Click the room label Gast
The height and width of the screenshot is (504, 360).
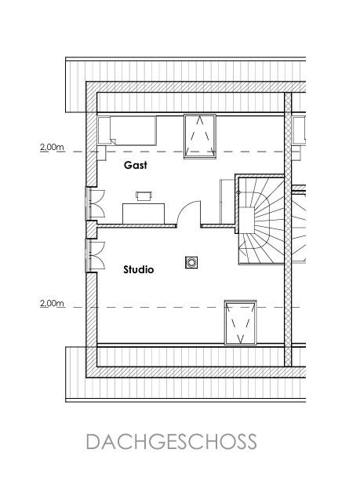coord(136,165)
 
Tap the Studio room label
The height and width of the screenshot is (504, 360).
coord(139,269)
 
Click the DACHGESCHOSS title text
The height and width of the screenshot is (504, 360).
coord(172,442)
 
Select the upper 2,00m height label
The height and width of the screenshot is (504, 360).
coord(52,148)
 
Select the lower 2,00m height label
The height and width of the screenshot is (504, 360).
coord(52,303)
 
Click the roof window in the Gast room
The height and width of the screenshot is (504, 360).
coord(200,137)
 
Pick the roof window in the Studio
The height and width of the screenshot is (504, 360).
coord(241,323)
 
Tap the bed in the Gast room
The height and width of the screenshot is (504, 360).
coord(127,130)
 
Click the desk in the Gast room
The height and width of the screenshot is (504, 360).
coord(144,214)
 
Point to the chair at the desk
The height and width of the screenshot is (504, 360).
coord(144,195)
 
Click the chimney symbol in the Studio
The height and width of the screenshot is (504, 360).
coord(191,262)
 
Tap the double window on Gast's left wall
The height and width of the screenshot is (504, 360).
coord(95,203)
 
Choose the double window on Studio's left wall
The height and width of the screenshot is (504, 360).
coord(95,256)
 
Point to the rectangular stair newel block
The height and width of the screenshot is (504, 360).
coord(246,220)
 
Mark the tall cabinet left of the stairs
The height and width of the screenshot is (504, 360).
coord(227,202)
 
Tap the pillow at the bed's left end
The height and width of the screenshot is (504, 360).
coord(104,130)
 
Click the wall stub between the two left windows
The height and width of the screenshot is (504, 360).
coord(92,230)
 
